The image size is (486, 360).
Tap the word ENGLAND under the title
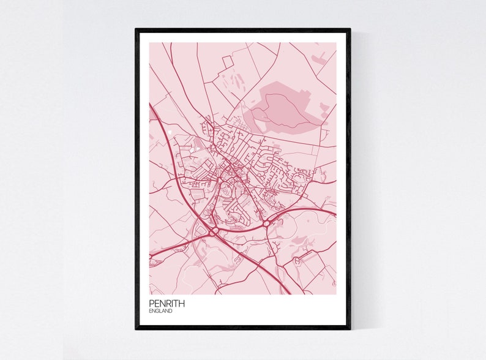click(160, 311)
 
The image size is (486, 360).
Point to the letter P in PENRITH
click(151, 303)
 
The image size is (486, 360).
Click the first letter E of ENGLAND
click(150, 311)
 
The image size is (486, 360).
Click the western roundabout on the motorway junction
click(214, 231)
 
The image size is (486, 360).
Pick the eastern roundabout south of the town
click(267, 224)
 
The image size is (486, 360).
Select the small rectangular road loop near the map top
click(227, 61)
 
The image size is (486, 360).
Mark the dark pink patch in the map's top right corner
click(319, 59)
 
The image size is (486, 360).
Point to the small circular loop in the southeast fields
click(299, 260)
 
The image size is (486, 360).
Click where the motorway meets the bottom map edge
click(290, 293)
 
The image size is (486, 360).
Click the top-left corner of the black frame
click(136, 29)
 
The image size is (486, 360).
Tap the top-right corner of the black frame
click(350, 29)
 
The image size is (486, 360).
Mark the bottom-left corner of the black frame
click(136, 329)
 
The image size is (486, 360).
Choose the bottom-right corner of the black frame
click(350, 329)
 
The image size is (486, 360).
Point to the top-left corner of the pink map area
click(149, 43)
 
